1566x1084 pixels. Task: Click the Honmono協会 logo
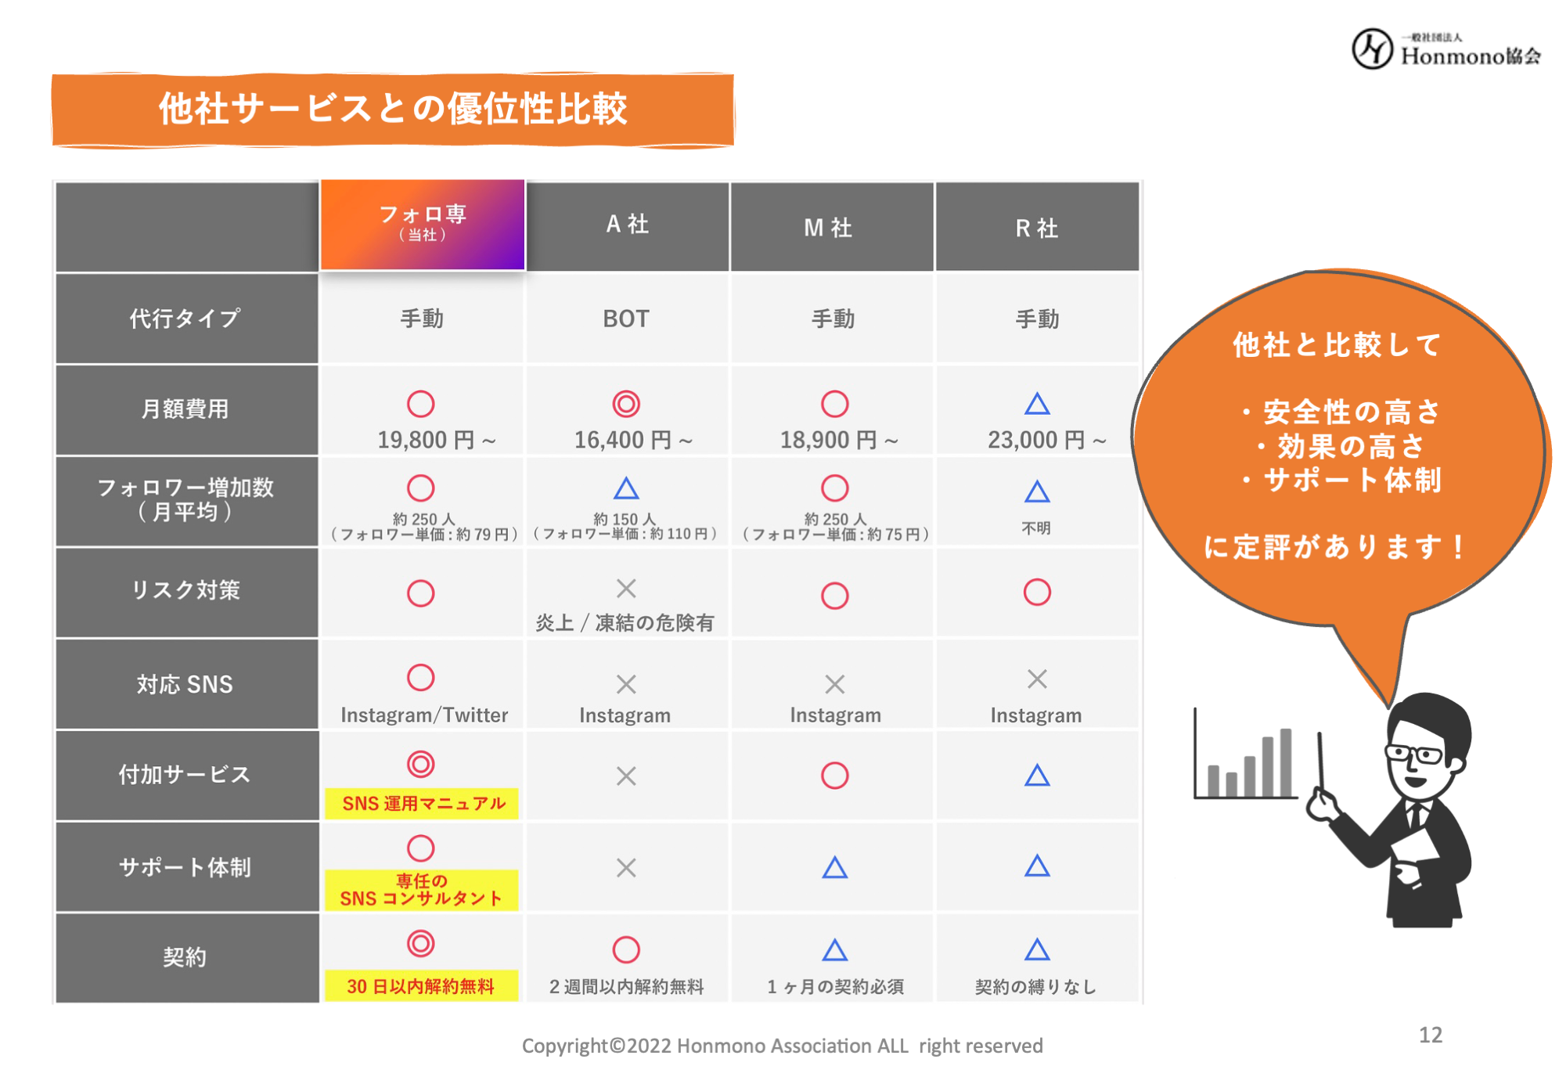click(x=1446, y=49)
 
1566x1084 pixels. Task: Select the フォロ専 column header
click(x=423, y=224)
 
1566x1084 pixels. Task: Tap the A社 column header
click(x=627, y=225)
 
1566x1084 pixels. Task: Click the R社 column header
click(x=1037, y=228)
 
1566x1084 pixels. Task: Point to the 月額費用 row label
click(x=185, y=409)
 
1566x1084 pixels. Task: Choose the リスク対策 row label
click(x=185, y=590)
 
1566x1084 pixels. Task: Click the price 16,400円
click(x=633, y=441)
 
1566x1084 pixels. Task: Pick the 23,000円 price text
click(x=1046, y=441)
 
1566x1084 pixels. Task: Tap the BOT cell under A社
click(x=626, y=319)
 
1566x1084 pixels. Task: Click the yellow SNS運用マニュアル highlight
click(x=423, y=804)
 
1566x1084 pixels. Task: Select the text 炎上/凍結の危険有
click(x=625, y=623)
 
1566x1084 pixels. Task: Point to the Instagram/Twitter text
click(x=424, y=715)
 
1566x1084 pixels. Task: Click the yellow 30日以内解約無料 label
click(x=421, y=986)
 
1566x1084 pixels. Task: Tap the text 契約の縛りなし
click(x=1035, y=987)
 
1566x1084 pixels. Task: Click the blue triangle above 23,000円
click(x=1037, y=405)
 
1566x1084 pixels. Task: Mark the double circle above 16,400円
click(x=626, y=404)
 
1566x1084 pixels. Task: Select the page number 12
click(x=1431, y=1035)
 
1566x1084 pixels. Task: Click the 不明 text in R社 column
click(x=1036, y=528)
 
